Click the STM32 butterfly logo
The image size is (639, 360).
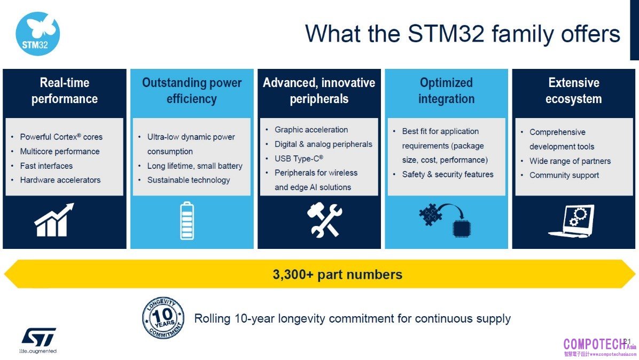pyautogui.click(x=37, y=34)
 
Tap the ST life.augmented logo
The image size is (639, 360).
pyautogui.click(x=38, y=340)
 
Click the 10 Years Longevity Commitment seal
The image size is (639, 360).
pyautogui.click(x=163, y=318)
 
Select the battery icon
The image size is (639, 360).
pyautogui.click(x=187, y=220)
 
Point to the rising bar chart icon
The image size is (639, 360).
pyautogui.click(x=54, y=220)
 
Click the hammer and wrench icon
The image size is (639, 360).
pyautogui.click(x=324, y=220)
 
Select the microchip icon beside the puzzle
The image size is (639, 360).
pyautogui.click(x=461, y=228)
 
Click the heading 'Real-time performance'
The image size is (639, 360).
pyautogui.click(x=65, y=90)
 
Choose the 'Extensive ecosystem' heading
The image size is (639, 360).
pyautogui.click(x=573, y=90)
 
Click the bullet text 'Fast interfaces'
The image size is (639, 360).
pyautogui.click(x=46, y=166)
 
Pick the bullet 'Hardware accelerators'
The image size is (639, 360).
pyautogui.click(x=60, y=180)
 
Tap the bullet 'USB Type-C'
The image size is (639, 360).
pyautogui.click(x=299, y=159)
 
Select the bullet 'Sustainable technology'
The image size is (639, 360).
pyautogui.click(x=189, y=180)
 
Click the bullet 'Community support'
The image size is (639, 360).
pyautogui.click(x=564, y=175)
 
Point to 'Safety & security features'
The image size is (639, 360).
pyautogui.click(x=448, y=174)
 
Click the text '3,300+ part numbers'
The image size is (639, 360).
pyautogui.click(x=338, y=275)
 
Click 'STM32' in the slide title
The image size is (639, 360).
pyautogui.click(x=446, y=34)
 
